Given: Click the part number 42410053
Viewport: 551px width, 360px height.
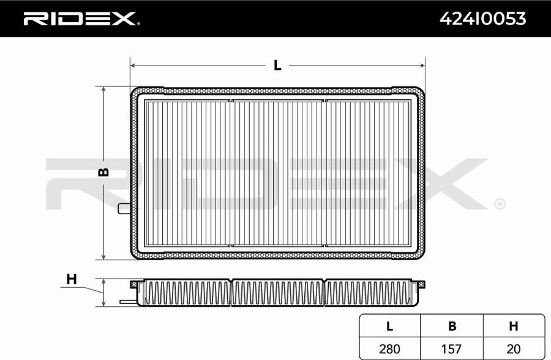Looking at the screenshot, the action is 483,18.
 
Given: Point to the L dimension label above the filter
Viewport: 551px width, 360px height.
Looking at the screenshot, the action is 277,65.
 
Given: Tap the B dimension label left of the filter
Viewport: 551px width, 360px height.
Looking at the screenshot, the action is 103,172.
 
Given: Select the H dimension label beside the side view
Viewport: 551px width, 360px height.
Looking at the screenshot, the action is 72,279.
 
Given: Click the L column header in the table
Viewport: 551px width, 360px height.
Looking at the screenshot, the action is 389,326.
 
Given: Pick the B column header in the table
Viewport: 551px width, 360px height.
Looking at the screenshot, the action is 452,326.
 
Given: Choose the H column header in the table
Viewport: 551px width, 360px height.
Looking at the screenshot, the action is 514,326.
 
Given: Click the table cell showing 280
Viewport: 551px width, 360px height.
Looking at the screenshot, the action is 389,349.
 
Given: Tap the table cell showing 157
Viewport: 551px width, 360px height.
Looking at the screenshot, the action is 451,349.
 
